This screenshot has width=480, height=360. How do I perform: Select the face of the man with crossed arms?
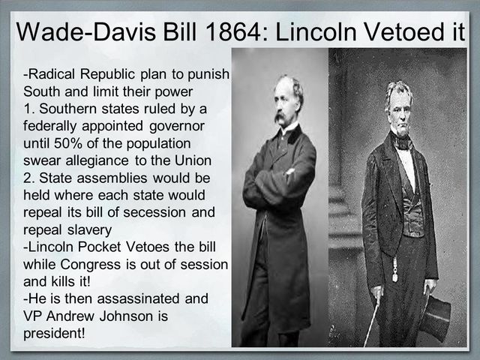tap(286, 101)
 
